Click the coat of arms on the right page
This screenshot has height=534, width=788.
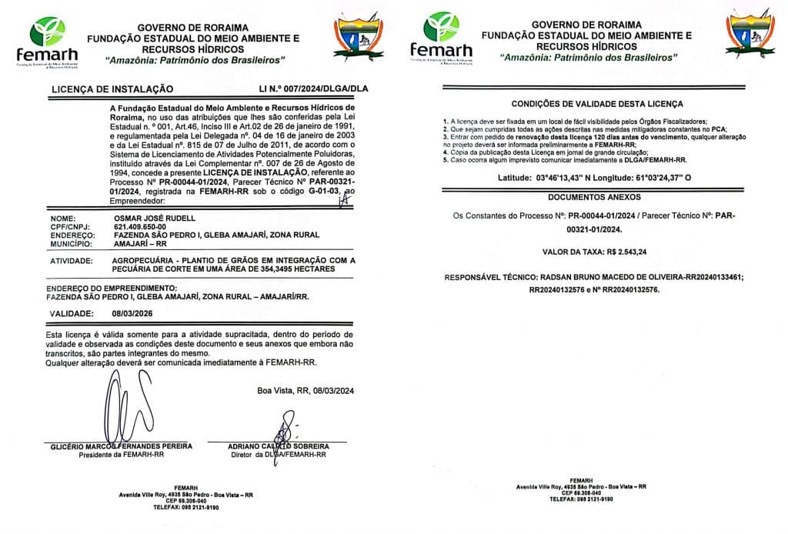coord(750,35)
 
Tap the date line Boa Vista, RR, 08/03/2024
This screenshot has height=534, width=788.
coord(306,391)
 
